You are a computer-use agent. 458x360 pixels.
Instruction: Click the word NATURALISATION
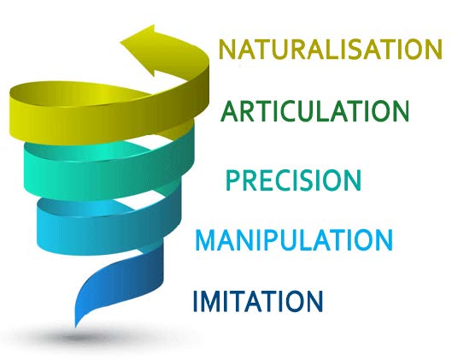331,50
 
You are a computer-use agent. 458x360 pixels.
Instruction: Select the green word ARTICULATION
314,111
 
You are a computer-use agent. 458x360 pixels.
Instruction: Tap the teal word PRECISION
294,180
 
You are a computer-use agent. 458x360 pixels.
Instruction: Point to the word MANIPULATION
294,240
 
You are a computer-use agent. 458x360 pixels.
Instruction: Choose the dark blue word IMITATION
258,301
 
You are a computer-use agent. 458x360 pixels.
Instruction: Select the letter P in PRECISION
232,180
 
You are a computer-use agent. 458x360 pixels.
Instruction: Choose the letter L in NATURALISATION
330,50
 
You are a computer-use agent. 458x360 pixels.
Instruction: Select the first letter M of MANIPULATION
208,240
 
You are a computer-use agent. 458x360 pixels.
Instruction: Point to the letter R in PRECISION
250,180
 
